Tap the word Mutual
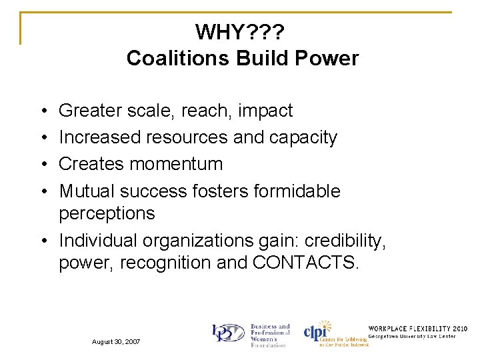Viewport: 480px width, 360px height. pos(87,191)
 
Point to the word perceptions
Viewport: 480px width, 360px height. pos(107,214)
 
